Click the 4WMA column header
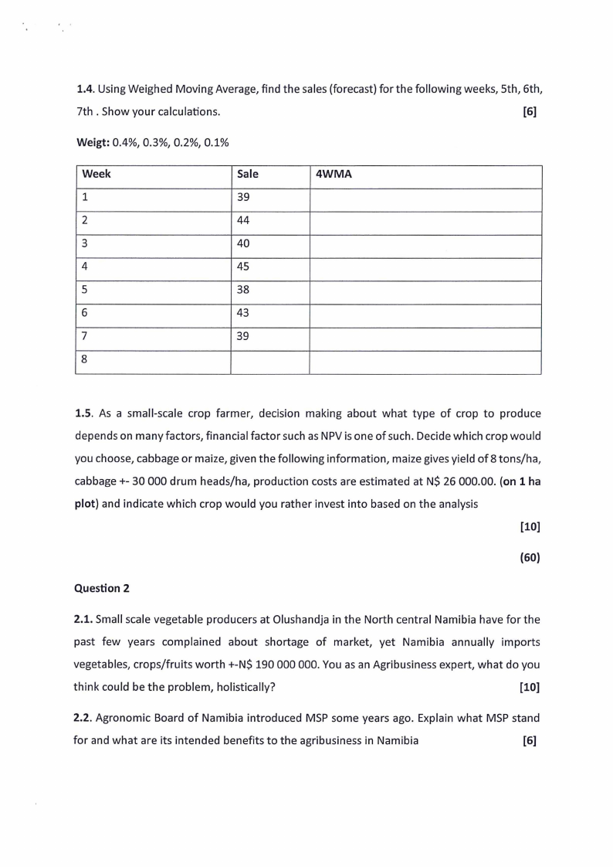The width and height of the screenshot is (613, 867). pyautogui.click(x=334, y=175)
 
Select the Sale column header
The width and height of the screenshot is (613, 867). pyautogui.click(x=248, y=175)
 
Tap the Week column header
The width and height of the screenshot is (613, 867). pyautogui.click(x=96, y=175)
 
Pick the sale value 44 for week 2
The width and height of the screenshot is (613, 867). pyautogui.click(x=244, y=221)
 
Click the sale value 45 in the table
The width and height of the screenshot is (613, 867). pyautogui.click(x=244, y=267)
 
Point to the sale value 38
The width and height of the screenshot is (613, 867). pyautogui.click(x=244, y=291)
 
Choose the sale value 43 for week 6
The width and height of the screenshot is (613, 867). pyautogui.click(x=244, y=314)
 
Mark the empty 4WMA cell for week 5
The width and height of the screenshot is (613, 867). pyautogui.click(x=425, y=291)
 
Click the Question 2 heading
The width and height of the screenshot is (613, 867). pyautogui.click(x=101, y=588)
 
